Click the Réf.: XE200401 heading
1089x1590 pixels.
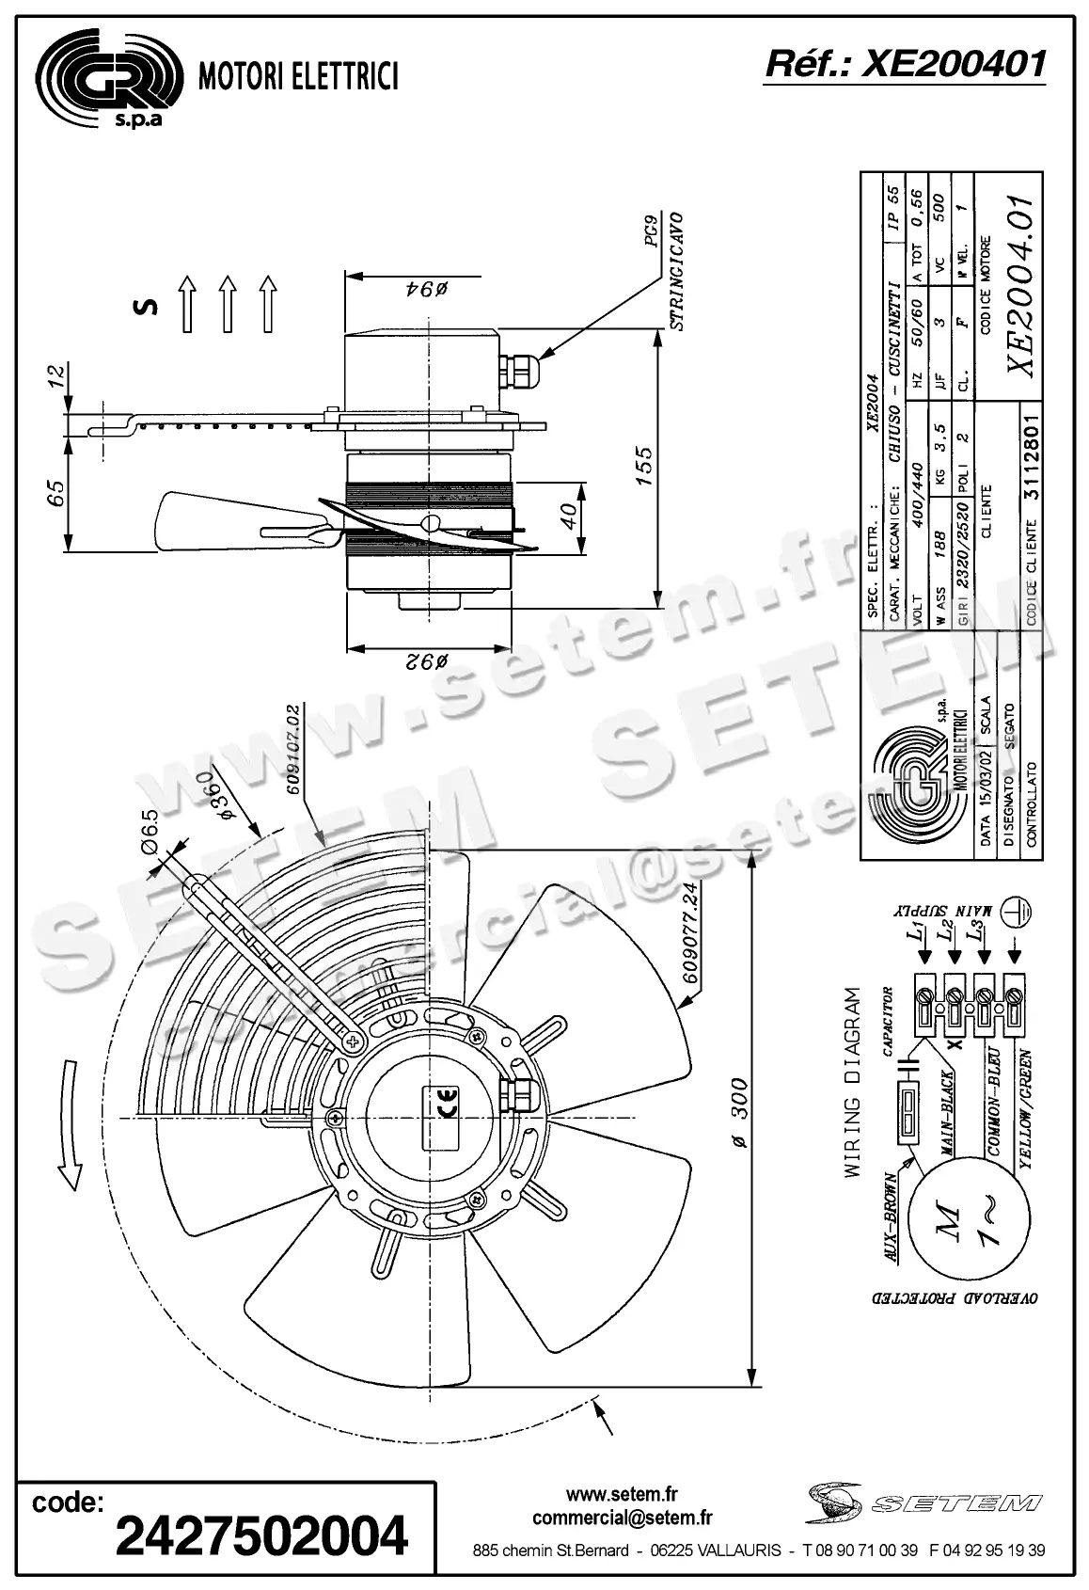tap(905, 63)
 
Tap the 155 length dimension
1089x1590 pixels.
tap(643, 466)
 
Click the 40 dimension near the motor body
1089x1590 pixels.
tap(566, 516)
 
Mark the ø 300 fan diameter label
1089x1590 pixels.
tap(739, 1113)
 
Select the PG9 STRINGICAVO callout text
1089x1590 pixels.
tap(663, 270)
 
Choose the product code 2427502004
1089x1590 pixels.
tap(261, 1536)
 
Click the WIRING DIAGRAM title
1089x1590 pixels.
tap(852, 1082)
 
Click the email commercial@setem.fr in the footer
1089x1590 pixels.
tap(622, 1518)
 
